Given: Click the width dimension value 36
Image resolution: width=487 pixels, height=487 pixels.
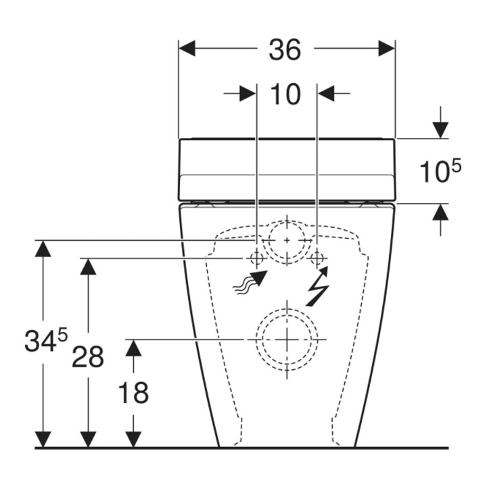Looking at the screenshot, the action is coord(285,49).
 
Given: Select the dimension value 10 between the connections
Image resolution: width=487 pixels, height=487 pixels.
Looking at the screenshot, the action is coord(285,94).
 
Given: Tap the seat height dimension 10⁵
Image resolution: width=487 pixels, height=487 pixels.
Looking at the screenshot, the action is coord(440,170).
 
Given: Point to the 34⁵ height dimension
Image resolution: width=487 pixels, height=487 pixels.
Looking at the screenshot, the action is coord(46,340).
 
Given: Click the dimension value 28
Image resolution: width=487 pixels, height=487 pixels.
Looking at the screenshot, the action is coord(88,357).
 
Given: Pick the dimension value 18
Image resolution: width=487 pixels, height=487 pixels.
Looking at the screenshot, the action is coord(133,393).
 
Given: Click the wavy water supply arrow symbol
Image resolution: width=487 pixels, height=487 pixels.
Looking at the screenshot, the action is coord(250,282).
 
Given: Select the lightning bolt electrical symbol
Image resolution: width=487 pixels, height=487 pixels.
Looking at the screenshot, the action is coord(317,285).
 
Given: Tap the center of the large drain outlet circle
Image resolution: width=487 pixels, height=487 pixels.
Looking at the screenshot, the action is coord(287,340).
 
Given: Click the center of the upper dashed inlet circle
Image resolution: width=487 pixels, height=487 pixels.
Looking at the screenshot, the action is coord(287,240).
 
